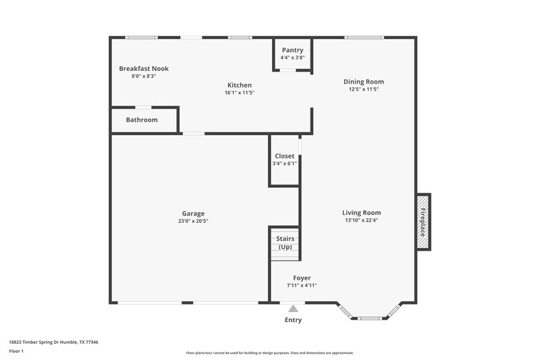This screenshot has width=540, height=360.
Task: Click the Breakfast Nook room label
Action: (144, 69)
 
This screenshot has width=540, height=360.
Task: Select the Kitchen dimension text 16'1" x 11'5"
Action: (240, 93)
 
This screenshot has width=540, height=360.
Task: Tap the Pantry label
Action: (292, 51)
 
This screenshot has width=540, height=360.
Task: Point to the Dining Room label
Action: (364, 82)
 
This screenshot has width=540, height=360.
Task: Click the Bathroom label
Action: (142, 120)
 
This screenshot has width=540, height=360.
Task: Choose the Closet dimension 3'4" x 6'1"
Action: (284, 163)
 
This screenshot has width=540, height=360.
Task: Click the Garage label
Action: (193, 213)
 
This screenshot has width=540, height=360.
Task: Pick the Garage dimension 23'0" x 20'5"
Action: (193, 221)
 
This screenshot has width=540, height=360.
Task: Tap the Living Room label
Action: (362, 213)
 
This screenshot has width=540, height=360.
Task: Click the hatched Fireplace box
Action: (423, 222)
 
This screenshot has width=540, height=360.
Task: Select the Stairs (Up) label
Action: (285, 242)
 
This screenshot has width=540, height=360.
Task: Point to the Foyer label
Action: (302, 278)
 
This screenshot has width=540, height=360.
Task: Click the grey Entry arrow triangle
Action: (293, 309)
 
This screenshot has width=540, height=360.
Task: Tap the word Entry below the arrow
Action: (293, 320)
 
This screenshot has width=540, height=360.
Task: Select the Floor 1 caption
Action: (16, 352)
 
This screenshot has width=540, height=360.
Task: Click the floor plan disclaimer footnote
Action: (269, 353)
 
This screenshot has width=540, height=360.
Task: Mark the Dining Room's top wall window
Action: (364, 37)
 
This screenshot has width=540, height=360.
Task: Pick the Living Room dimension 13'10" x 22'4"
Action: (362, 221)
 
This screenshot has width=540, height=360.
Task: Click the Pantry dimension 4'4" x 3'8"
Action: (292, 58)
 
